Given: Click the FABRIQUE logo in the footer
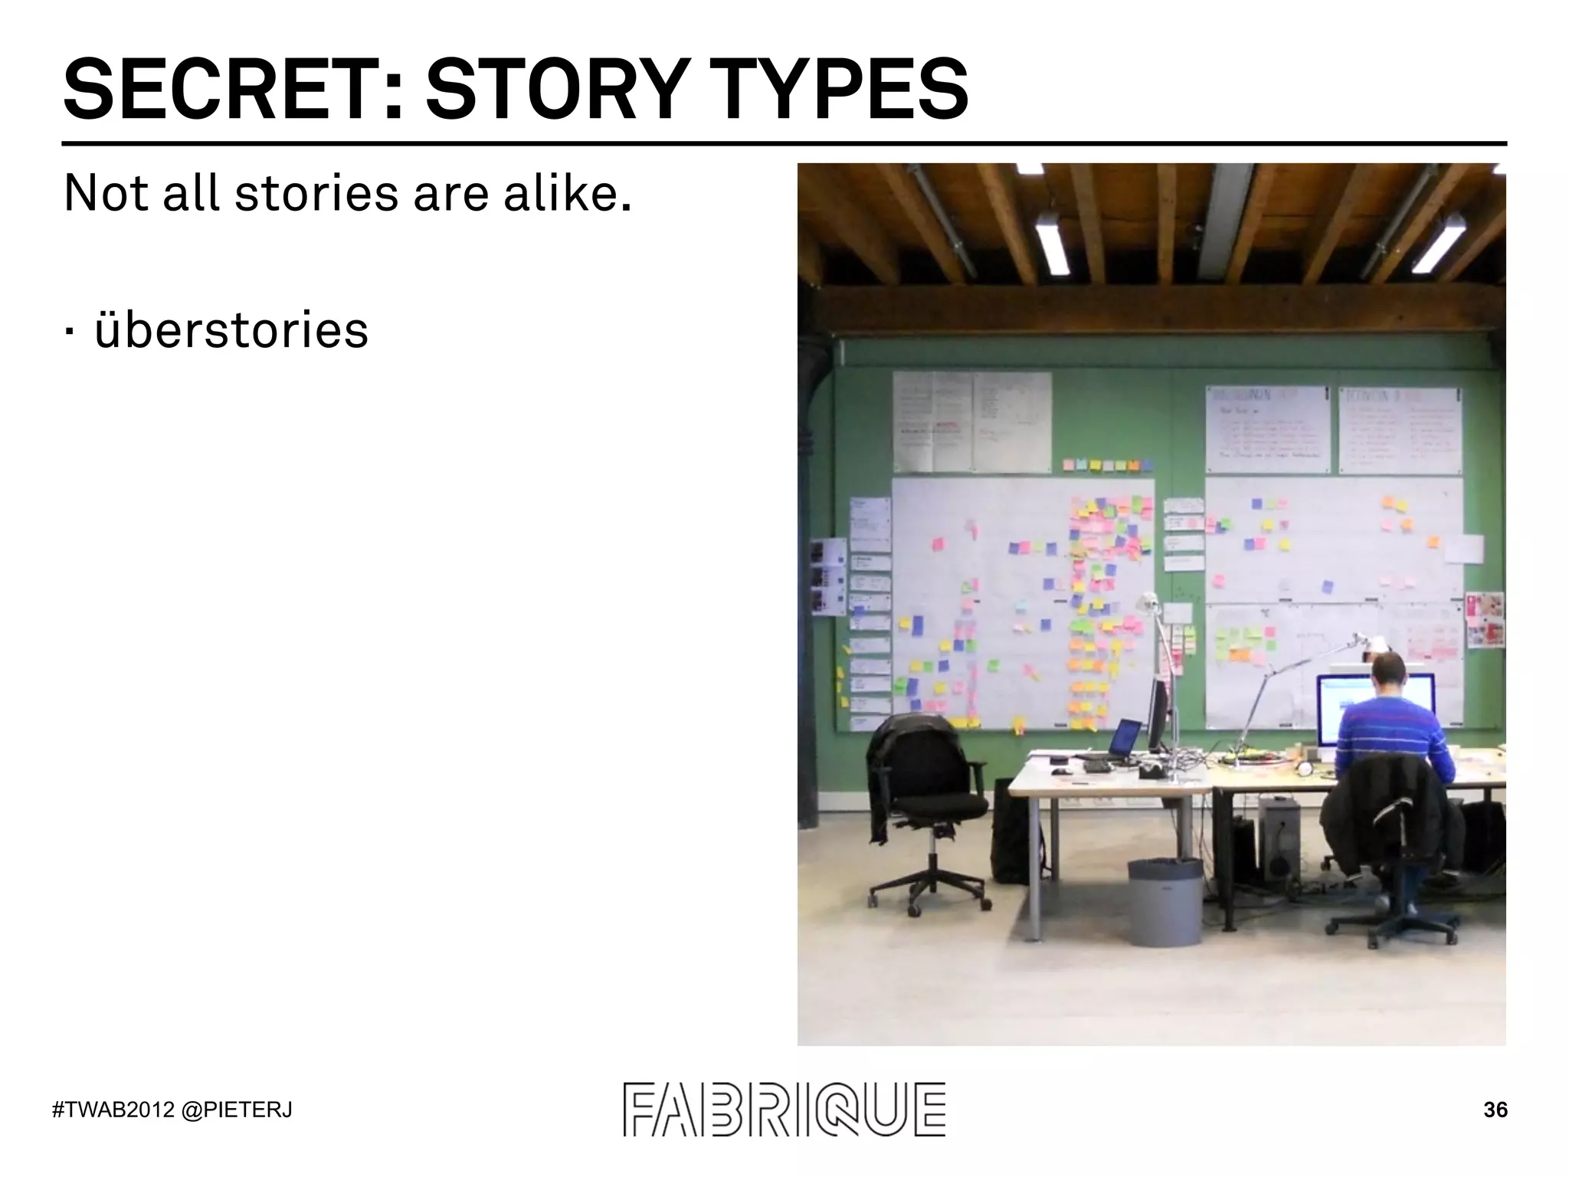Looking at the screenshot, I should pyautogui.click(x=784, y=1109).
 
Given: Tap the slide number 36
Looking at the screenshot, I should pyautogui.click(x=1495, y=1110).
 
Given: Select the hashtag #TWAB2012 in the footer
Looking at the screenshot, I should pyautogui.click(x=113, y=1110).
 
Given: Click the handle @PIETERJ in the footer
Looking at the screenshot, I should pyautogui.click(x=237, y=1110).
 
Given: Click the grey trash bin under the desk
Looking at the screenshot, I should pyautogui.click(x=1164, y=902).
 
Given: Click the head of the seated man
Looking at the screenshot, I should pyautogui.click(x=1387, y=673).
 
